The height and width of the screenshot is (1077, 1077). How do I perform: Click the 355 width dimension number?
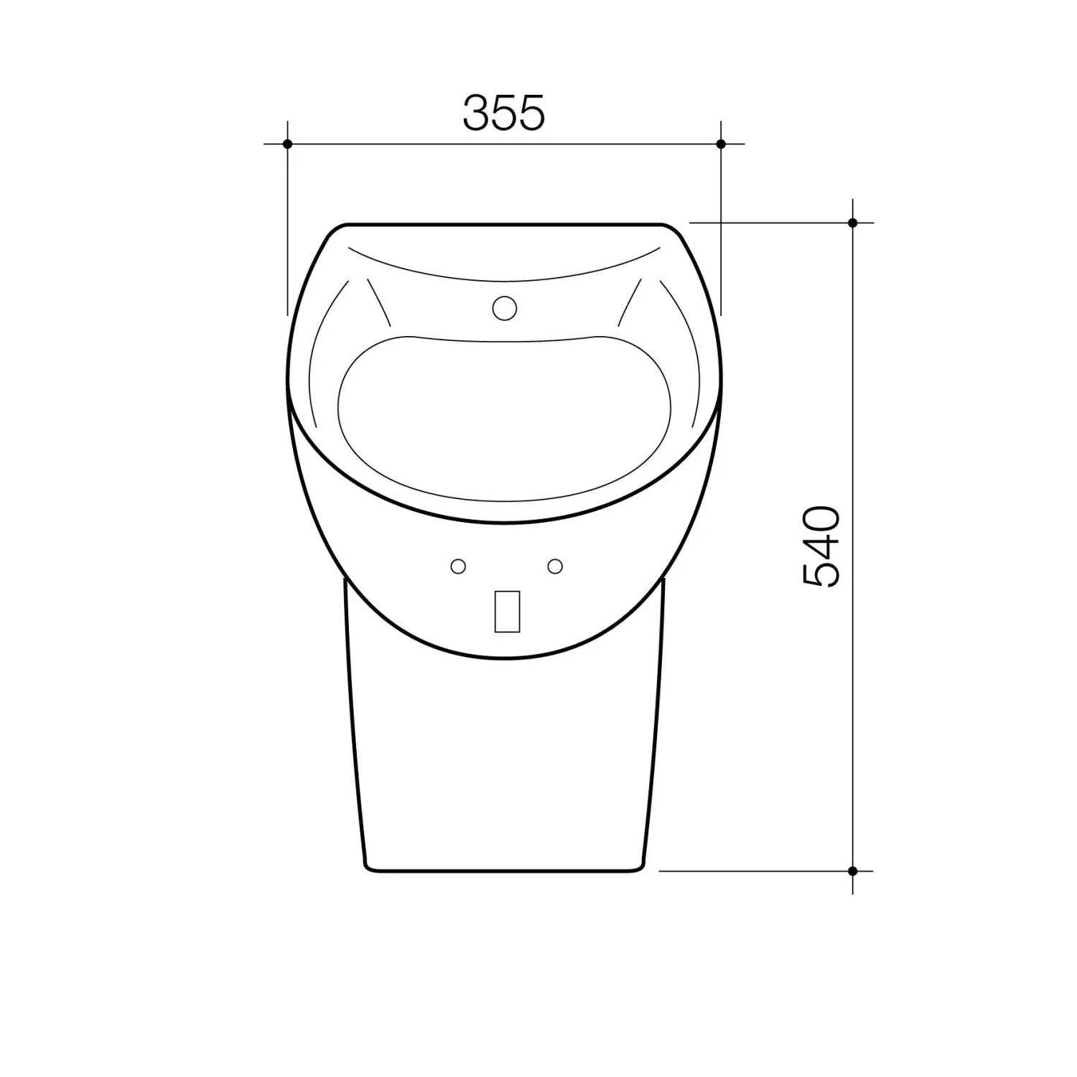click(x=503, y=113)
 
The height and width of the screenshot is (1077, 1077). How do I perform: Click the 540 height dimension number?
click(x=821, y=547)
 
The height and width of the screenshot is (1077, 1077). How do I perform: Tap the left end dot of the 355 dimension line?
click(x=287, y=144)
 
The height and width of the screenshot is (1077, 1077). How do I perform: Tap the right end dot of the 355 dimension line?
click(x=721, y=144)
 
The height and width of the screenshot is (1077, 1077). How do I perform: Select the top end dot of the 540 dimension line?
click(x=852, y=223)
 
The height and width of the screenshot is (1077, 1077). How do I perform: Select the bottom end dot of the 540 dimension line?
click(x=852, y=871)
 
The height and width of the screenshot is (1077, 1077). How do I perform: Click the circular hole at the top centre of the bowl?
click(x=505, y=308)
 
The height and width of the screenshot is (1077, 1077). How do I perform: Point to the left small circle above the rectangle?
click(x=458, y=567)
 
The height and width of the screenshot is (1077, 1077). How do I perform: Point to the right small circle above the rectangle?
click(x=555, y=567)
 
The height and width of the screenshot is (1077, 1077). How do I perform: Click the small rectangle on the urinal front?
click(x=507, y=611)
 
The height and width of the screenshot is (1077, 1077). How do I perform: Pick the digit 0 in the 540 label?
click(x=821, y=522)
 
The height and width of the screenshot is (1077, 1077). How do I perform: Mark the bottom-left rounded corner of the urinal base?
click(x=368, y=867)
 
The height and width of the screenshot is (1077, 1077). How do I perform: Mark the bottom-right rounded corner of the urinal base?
click(x=640, y=867)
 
